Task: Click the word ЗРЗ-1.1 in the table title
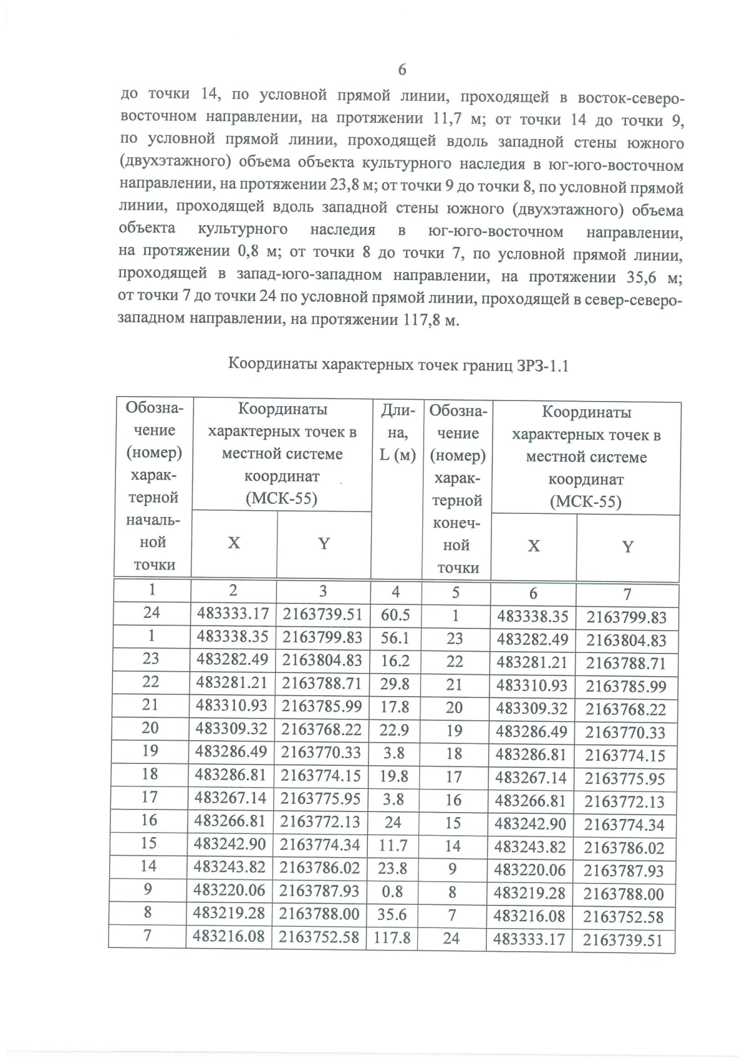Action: tap(543, 365)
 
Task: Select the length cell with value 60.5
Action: tap(395, 615)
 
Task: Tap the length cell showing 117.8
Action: tap(392, 938)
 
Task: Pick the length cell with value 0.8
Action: tap(392, 892)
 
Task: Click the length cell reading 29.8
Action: tap(395, 684)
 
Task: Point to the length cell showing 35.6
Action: tap(392, 915)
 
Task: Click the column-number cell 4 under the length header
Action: tap(395, 592)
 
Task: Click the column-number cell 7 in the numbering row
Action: tap(627, 594)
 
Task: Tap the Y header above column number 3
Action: tap(323, 544)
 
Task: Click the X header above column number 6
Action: tap(533, 546)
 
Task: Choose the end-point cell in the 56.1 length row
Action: tap(455, 639)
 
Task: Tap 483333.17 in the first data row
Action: tap(233, 614)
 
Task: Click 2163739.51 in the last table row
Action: tap(623, 941)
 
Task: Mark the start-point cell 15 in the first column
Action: tap(149, 843)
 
